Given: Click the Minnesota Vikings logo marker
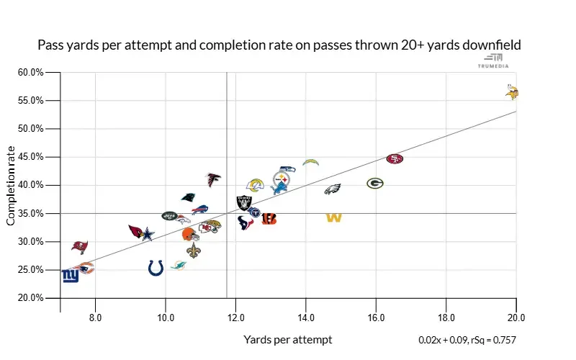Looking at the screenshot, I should pos(513,92).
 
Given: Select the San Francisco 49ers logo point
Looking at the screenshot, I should pos(395,158).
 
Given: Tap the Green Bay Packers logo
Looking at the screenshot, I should pos(374,184).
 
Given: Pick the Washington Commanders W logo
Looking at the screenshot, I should pos(333,217).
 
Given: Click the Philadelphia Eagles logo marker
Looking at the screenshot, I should pos(332,189).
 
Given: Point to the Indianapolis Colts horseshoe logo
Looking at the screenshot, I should pos(156,269).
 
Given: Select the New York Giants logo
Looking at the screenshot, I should pos(70,276).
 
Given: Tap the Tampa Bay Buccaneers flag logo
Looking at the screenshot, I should pos(80,247).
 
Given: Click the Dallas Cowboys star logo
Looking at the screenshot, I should pos(148,234).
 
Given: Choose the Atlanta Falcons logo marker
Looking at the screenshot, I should pos(213,179).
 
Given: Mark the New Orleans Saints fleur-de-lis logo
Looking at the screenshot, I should pos(193,251).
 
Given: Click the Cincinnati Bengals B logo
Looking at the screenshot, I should pos(269,218).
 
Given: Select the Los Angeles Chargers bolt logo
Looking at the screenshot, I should pos(310,163).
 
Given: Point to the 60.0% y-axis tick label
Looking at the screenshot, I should pos(32,73).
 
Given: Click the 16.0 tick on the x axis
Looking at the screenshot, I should pos(376,316).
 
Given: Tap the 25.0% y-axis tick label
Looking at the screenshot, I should pos(32,270).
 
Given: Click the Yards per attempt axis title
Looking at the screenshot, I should pos(288,339).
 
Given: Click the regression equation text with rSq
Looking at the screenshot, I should pos(467,339).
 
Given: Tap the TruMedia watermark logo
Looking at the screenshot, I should pos(493,60).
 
